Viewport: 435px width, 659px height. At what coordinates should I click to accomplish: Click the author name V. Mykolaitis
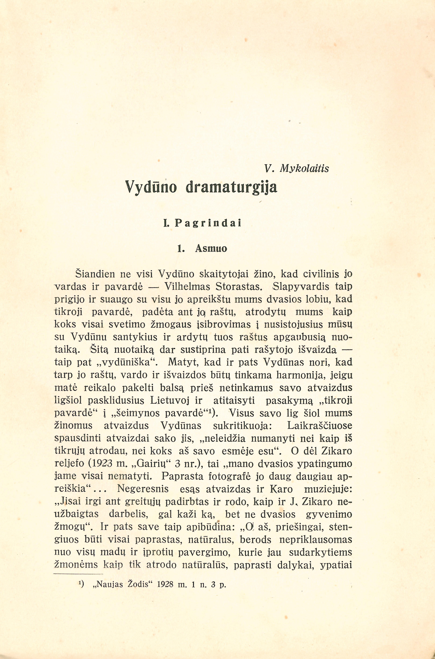297,168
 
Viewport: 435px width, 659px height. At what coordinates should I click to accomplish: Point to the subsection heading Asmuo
211,248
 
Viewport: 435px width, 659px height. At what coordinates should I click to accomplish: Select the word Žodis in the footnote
138,585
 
